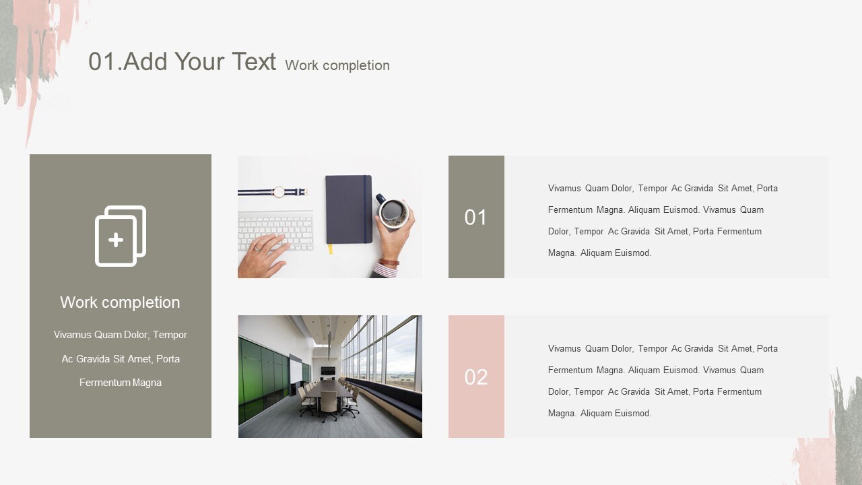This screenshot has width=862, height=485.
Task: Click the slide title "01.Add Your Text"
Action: tap(182, 61)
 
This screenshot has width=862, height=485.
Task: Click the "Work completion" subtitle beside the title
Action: tap(337, 65)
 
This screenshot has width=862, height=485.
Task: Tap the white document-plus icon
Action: tap(120, 236)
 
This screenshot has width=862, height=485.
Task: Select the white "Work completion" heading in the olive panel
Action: tap(120, 302)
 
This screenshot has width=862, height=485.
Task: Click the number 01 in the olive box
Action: tap(475, 217)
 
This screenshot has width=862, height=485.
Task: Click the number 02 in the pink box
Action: tap(475, 377)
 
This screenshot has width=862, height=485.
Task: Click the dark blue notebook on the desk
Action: tap(348, 209)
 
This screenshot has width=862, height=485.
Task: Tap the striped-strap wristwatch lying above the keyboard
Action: tap(277, 192)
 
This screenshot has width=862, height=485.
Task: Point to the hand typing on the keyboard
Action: tap(265, 255)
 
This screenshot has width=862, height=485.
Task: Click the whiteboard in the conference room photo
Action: tap(296, 370)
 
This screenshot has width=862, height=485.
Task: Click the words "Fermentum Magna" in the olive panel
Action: tap(120, 383)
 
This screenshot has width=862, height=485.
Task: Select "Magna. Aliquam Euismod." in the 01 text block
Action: tap(599, 253)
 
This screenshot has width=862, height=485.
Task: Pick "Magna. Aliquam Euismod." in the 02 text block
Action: tap(599, 414)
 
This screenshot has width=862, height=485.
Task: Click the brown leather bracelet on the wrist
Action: tap(389, 262)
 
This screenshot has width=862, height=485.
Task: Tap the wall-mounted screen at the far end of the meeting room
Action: tap(328, 370)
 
